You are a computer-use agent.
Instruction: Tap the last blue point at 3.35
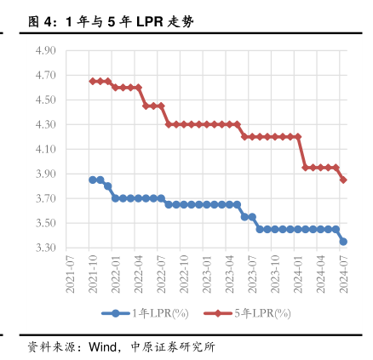[343, 242]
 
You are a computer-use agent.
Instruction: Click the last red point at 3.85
[343, 180]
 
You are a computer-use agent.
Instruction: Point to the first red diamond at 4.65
[92, 81]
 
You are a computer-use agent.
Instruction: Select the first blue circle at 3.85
[92, 180]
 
